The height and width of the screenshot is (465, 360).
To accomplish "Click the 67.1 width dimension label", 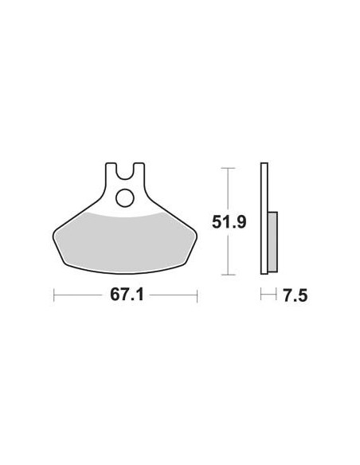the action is [127, 295].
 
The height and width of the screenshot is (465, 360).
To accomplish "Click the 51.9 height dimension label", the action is [229, 222].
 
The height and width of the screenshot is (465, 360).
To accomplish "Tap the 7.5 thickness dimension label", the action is [295, 296].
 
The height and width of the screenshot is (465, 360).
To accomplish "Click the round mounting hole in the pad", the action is [124, 197].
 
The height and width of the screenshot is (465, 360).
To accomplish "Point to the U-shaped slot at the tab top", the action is [124, 172].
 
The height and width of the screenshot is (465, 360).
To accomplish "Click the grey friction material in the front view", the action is [124, 242].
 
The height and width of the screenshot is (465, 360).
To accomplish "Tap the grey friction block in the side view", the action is [272, 242].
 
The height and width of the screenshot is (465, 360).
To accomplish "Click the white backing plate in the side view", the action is [264, 218].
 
